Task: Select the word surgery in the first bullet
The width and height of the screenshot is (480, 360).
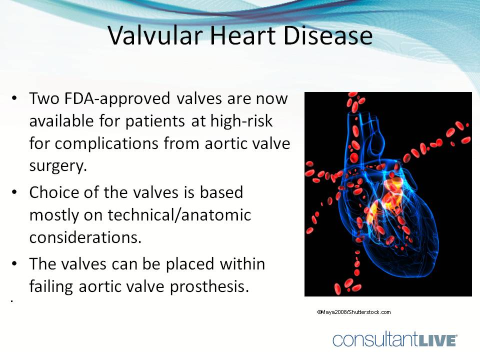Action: pyautogui.click(x=58, y=166)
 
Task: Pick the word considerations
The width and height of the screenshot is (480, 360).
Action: pyautogui.click(x=85, y=237)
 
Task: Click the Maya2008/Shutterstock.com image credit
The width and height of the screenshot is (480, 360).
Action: pyautogui.click(x=353, y=312)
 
